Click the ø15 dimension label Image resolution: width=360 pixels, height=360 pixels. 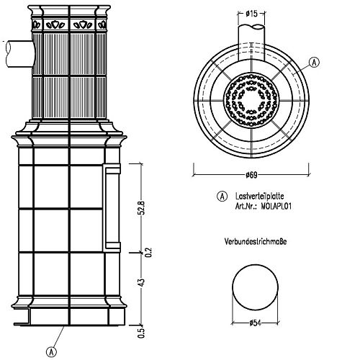tap(251, 14)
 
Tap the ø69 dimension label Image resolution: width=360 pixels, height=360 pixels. tap(251, 175)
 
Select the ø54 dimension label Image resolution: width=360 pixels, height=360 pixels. tap(255, 323)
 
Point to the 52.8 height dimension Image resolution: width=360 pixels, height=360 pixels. tap(142, 208)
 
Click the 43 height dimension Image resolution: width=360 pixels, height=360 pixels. tap(142, 282)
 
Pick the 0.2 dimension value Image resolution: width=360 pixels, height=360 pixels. tap(149, 253)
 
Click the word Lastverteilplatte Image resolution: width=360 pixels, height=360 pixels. tap(260, 196)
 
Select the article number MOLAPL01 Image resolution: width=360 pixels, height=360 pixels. tap(276, 207)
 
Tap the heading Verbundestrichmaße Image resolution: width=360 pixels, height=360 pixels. tap(256, 241)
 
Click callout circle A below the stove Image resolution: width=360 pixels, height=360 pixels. tap(51, 352)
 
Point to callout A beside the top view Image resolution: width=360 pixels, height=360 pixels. tap(314, 63)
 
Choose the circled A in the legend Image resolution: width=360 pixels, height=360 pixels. tap(222, 197)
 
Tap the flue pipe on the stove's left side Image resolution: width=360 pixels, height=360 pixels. tap(19, 54)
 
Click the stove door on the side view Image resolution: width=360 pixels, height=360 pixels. tap(112, 208)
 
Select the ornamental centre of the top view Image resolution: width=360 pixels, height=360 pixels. tap(251, 99)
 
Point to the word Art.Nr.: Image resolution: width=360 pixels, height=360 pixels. tap(246, 207)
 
